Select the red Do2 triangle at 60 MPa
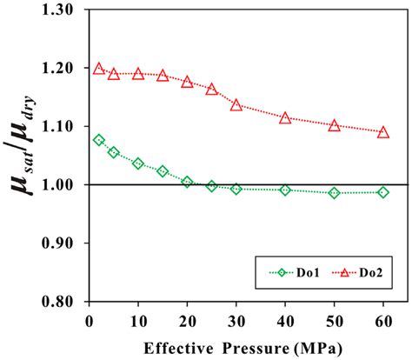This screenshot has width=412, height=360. point(383,132)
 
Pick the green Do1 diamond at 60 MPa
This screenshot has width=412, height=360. point(383,192)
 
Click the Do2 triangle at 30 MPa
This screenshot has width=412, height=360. point(236,104)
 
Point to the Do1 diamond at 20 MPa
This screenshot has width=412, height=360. point(187,182)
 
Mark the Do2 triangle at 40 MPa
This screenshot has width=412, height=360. point(285,117)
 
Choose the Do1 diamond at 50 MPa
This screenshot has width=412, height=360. point(334,193)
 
